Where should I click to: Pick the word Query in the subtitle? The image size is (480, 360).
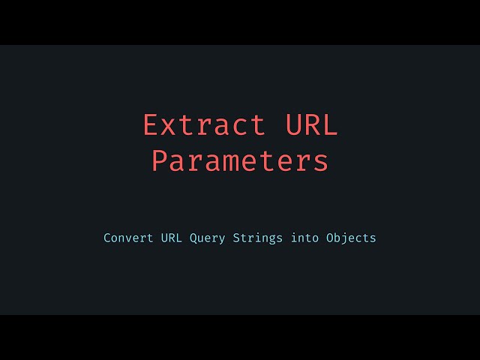pyautogui.click(x=208, y=238)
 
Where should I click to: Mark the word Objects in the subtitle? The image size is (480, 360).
pyautogui.click(x=351, y=238)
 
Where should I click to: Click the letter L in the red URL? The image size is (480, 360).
pyautogui.click(x=330, y=125)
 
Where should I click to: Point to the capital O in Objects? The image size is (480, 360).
pyautogui.click(x=329, y=238)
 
